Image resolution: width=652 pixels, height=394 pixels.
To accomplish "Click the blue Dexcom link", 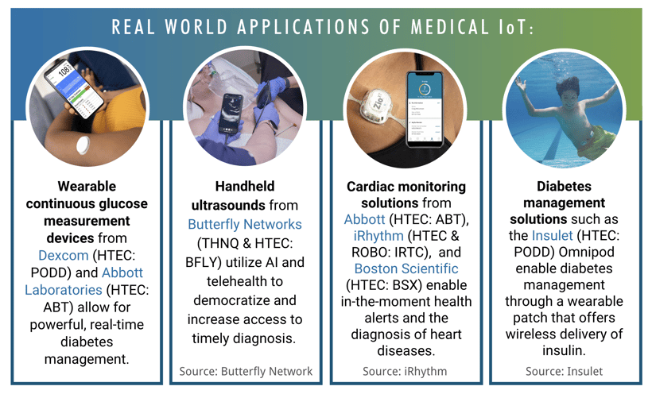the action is coord(63,255).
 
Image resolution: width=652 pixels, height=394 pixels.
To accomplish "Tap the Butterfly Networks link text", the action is coord(245,224).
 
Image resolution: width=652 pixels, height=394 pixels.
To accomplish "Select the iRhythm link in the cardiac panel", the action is coord(378,236).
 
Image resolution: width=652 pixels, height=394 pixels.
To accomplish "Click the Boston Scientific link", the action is coord(406,268).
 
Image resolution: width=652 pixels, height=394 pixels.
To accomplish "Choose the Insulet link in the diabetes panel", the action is coord(552,236).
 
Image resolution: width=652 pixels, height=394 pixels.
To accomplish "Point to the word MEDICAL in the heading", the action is coord(450,28).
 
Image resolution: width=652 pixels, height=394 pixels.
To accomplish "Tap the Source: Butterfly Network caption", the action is coord(246,371).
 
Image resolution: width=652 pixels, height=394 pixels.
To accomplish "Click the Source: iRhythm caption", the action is coord(405,371).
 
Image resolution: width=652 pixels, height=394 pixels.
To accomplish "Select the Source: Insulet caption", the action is coord(564,371).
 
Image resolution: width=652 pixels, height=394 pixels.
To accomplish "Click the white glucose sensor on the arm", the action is coord(83,145).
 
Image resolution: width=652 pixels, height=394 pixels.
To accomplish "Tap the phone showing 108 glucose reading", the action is coord(74,89).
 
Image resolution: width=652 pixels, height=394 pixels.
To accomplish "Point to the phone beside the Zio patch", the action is coord(425,110).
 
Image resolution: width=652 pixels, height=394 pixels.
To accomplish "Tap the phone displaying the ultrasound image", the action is coord(231,114).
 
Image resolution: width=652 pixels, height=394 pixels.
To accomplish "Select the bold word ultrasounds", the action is coord(228,205).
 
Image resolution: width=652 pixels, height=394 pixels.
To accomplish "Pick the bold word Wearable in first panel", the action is coord(87,186).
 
